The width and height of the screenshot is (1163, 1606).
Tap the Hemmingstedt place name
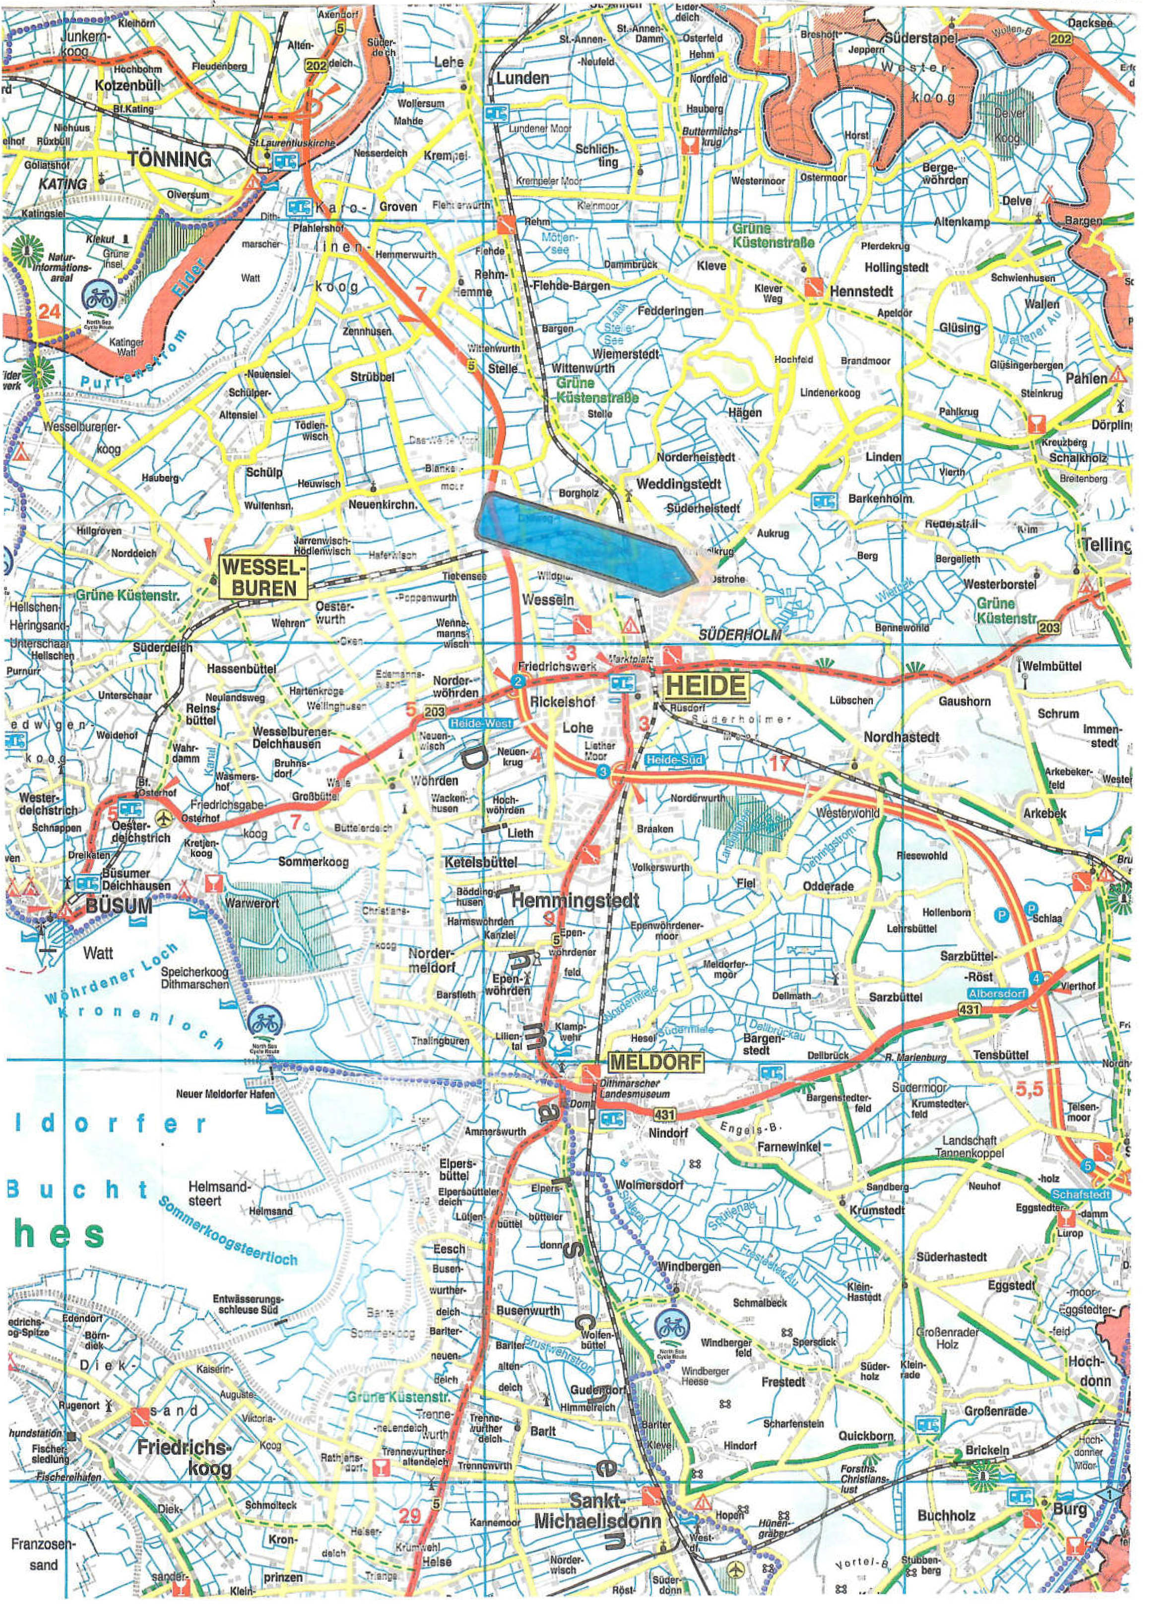(x=575, y=901)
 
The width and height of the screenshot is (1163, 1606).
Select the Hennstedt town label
(x=861, y=291)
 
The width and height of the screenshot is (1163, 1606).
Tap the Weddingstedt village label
(x=678, y=484)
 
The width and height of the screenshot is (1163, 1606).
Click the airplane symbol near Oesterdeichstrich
(x=164, y=818)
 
